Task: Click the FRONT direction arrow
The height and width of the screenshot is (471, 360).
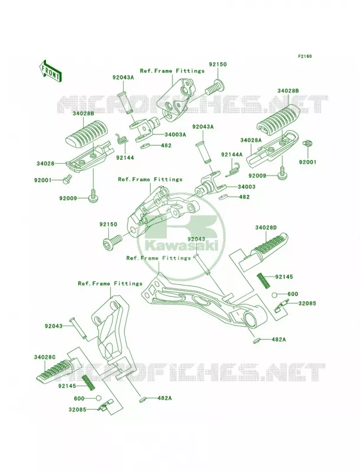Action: tap(50, 71)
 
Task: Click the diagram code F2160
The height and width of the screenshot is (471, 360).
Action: tap(305, 56)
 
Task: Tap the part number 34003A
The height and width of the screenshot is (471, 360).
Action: tap(175, 135)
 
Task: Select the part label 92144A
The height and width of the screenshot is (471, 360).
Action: tap(232, 154)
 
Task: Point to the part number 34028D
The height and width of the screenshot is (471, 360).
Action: tap(266, 228)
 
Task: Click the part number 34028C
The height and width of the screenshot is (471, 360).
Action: tap(45, 357)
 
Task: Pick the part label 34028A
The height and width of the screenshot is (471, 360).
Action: tap(251, 140)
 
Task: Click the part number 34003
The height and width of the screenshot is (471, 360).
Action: tap(246, 187)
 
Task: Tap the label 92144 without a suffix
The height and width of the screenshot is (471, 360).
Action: tap(125, 157)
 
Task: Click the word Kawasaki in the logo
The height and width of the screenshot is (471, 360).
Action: tap(181, 247)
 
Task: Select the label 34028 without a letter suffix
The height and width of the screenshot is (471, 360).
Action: tap(46, 164)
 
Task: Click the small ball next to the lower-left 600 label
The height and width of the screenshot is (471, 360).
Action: tap(98, 399)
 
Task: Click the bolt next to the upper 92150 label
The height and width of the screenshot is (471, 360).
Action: tap(215, 87)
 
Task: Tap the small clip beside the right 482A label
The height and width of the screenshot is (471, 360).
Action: tap(256, 341)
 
